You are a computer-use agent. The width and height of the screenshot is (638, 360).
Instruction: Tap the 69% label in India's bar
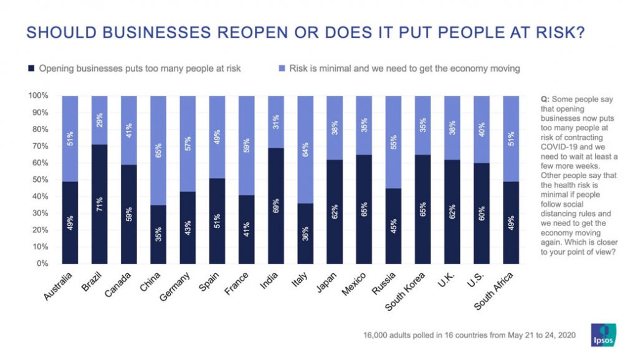[275, 206]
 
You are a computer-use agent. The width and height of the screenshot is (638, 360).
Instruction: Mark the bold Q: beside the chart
[545, 100]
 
